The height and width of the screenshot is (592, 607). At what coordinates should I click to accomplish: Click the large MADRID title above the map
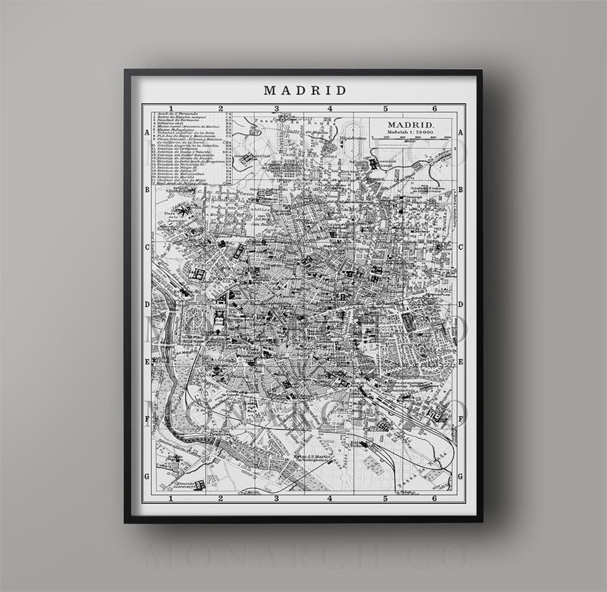pos(305,90)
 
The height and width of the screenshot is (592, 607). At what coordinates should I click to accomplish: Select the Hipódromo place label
pos(353,138)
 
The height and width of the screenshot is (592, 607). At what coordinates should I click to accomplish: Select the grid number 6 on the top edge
pos(434,109)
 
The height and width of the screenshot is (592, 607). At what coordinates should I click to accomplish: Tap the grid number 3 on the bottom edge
pos(276,498)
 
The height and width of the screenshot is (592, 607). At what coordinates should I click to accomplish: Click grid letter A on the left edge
pos(147,133)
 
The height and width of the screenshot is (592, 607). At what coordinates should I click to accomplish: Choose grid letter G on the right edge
pos(460,476)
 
